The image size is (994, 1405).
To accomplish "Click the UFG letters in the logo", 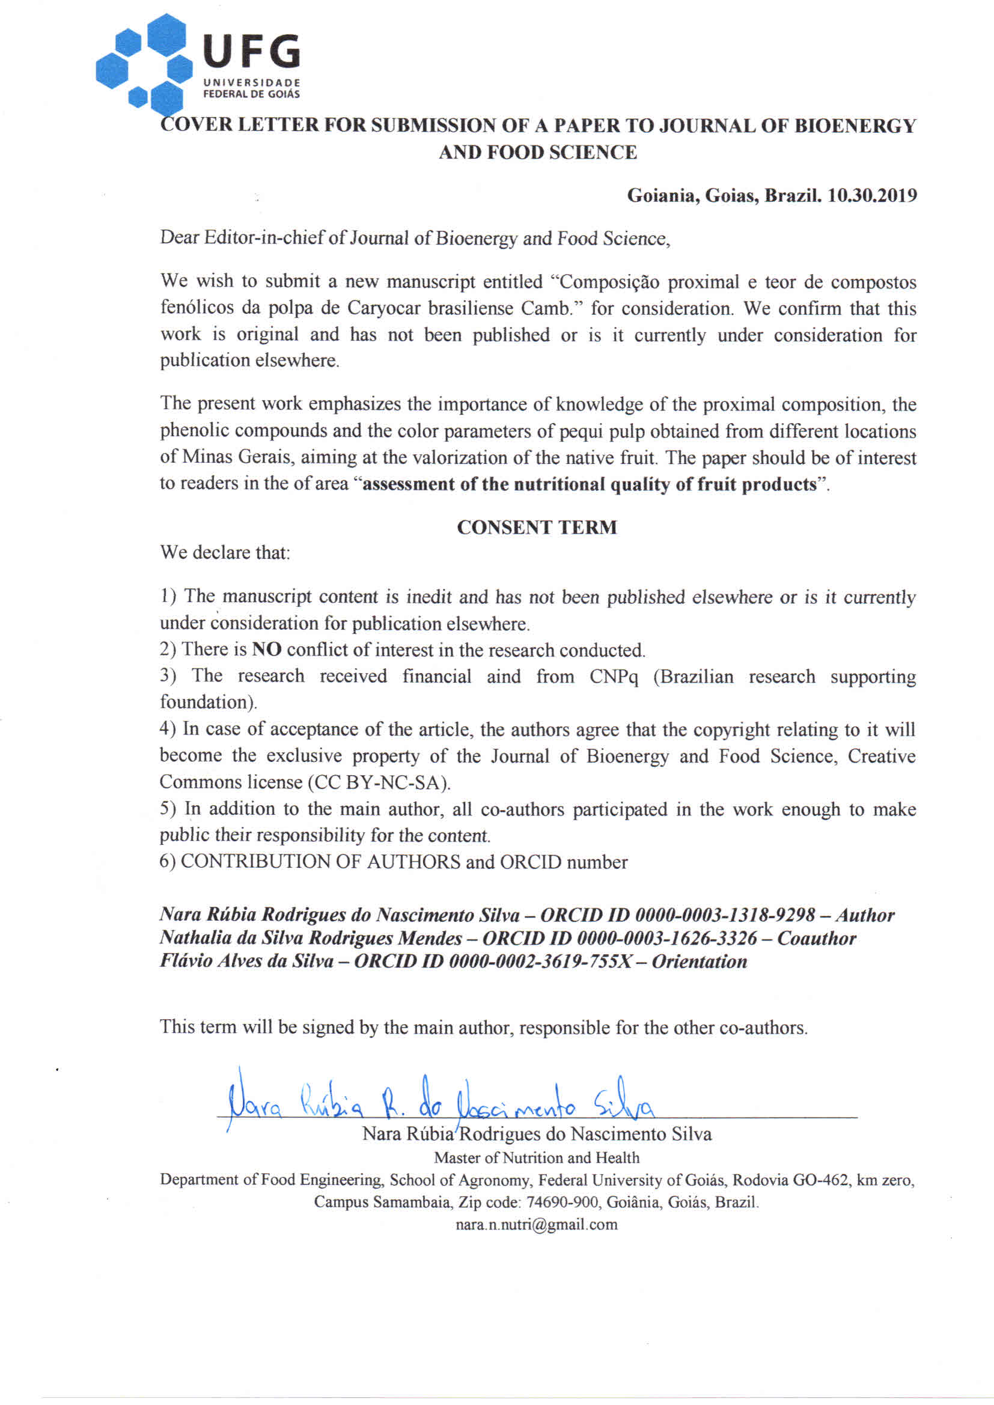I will coord(251,52).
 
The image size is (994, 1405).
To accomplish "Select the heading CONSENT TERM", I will coord(537,528).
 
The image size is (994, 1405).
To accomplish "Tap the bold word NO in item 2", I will coord(266,649).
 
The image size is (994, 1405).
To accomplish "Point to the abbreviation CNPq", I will coord(614,676).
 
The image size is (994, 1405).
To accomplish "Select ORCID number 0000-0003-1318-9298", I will coord(725,915).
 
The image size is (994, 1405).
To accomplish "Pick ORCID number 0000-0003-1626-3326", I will coord(667,938).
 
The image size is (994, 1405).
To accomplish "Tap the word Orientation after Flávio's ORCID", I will coord(699,962).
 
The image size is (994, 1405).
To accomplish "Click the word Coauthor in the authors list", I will coord(817,938).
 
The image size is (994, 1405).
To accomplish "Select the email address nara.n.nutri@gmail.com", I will coord(537,1225).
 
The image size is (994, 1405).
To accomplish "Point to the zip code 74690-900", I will coord(562,1202).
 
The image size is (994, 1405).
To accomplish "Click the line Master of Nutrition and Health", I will coord(537,1158).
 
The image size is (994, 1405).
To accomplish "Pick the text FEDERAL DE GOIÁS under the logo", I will coord(252,94).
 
